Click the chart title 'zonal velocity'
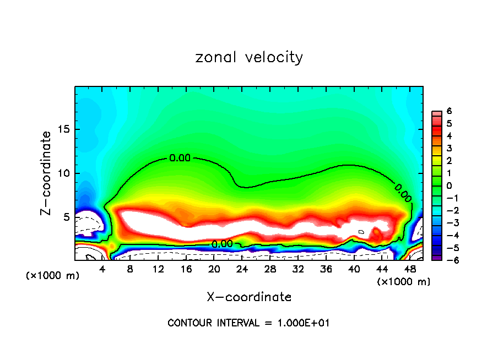click(x=249, y=57)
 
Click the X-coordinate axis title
click(x=249, y=297)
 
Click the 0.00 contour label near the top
click(x=180, y=158)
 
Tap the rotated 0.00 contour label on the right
click(x=403, y=192)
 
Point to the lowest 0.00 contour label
click(x=221, y=244)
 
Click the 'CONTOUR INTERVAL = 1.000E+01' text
click(x=248, y=323)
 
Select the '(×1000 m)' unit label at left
click(x=53, y=276)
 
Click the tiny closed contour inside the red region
click(x=361, y=232)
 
